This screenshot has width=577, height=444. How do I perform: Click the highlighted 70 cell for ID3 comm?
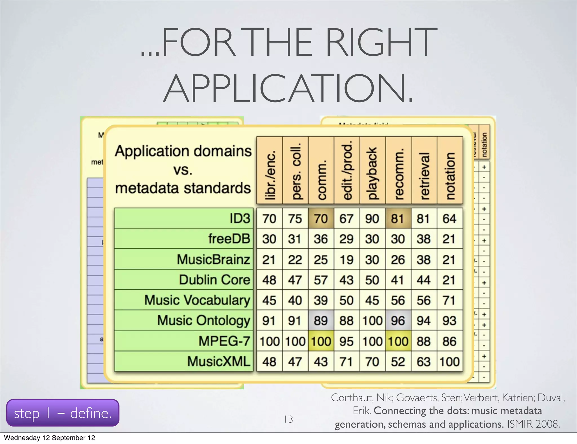pos(321,218)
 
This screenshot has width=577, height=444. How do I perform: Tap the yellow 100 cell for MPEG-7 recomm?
pos(398,341)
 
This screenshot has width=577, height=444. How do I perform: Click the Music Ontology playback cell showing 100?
pos(372,321)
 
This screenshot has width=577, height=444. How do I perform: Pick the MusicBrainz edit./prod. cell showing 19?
pos(347,259)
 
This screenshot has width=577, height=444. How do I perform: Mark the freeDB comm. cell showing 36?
pos(321,239)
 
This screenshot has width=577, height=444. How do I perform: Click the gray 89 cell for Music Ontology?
pos(321,321)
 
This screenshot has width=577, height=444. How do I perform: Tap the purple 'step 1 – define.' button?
pos(63,413)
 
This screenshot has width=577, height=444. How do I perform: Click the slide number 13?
pos(288,419)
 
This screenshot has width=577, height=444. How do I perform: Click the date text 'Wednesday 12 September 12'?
pos(50,438)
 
